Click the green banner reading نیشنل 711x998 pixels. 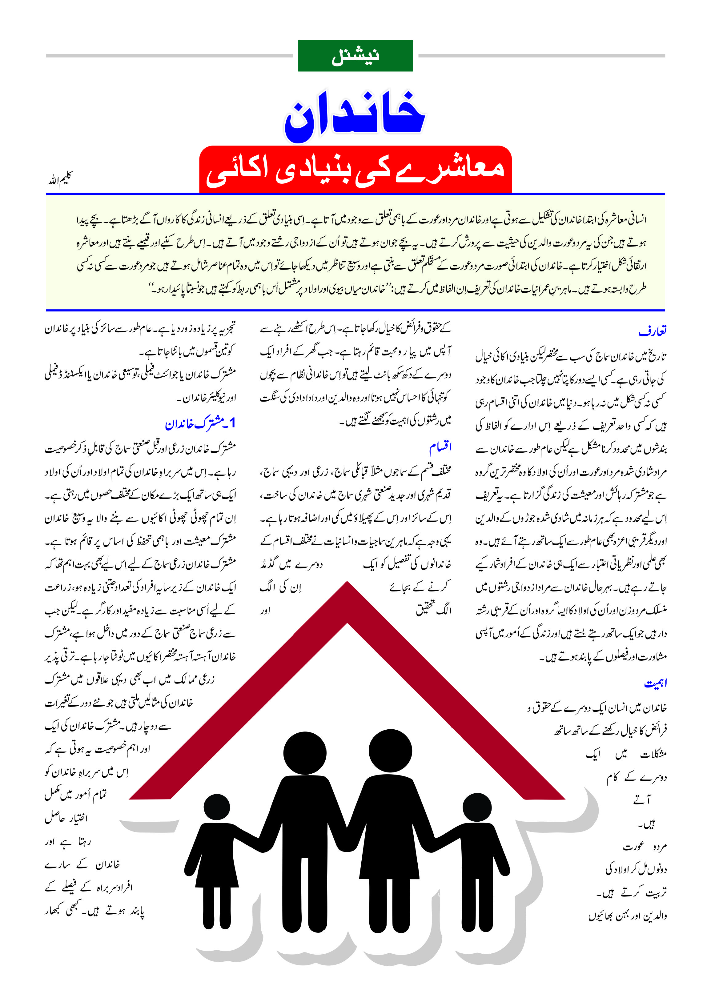click(x=355, y=56)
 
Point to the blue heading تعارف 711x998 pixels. click(x=652, y=331)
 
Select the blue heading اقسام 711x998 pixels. click(x=440, y=447)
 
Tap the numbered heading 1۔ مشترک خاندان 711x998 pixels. click(x=200, y=423)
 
